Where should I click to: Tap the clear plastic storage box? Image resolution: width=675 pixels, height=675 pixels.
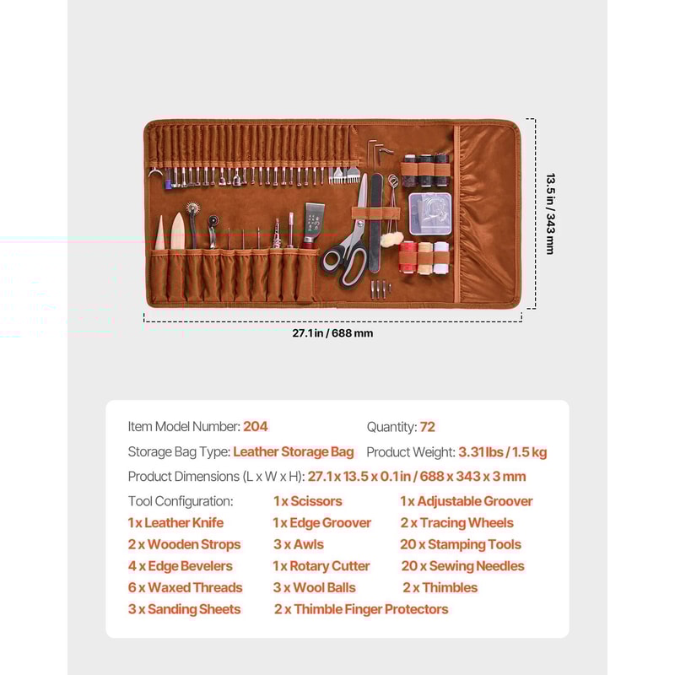[x=429, y=213]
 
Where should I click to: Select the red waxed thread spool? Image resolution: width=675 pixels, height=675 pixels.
[x=408, y=257]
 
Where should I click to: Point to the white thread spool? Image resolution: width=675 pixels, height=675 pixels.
[x=441, y=257]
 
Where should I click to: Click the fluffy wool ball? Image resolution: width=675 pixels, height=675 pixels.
[x=390, y=240]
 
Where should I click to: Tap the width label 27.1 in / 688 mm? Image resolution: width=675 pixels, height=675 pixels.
[x=332, y=332]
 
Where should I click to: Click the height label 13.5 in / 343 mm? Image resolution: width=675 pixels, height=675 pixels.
[x=549, y=213]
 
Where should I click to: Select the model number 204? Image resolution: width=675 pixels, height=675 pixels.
[x=255, y=427]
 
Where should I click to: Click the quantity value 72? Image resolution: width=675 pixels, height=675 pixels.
[x=428, y=427]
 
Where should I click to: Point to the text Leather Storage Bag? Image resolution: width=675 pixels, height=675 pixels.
[x=294, y=451]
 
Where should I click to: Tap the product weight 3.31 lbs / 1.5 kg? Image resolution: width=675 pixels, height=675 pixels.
[x=503, y=452]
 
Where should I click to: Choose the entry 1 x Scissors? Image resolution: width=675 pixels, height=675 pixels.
[x=308, y=501]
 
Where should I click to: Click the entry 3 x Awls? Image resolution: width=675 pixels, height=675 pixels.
[x=299, y=544]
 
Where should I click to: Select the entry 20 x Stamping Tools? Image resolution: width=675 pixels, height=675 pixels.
[x=461, y=544]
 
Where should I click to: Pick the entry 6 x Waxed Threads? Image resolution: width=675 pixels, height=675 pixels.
[x=185, y=587]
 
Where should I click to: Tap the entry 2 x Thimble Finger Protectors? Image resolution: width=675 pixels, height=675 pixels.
[x=361, y=609]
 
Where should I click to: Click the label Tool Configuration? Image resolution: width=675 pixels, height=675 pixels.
[x=181, y=501]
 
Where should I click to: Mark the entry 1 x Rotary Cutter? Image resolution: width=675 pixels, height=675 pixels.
[x=321, y=566]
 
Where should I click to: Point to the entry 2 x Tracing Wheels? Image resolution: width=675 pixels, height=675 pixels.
[x=456, y=523]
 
